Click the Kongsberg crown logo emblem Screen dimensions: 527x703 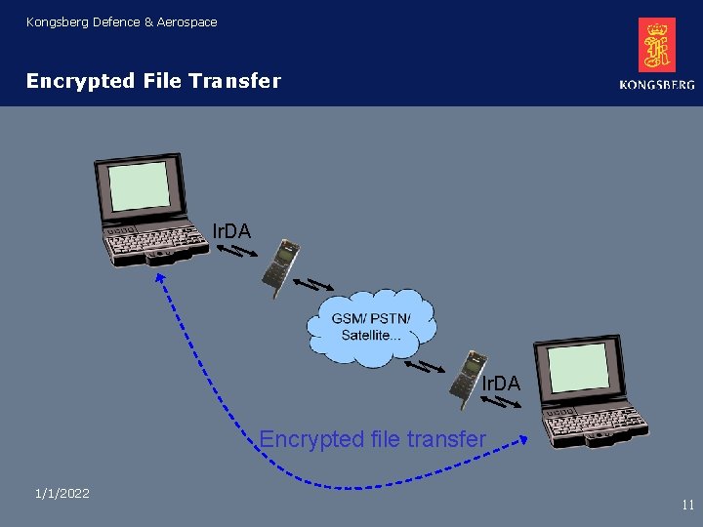(x=656, y=45)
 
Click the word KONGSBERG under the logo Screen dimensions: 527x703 (x=656, y=85)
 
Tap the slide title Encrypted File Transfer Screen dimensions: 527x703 (x=153, y=81)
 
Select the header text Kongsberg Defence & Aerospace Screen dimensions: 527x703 (x=122, y=21)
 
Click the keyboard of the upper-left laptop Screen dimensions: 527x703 (x=156, y=239)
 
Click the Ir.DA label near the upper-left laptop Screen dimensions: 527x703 (x=231, y=231)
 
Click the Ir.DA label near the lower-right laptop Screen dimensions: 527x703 (x=501, y=385)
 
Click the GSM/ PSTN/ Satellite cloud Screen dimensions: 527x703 (x=371, y=327)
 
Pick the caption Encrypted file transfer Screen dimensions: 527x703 (x=372, y=439)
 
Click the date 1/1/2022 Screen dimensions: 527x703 (x=62, y=494)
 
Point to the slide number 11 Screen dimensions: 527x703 (x=687, y=505)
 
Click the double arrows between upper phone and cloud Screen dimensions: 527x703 (x=312, y=286)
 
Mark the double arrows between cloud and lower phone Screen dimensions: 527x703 (x=426, y=367)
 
